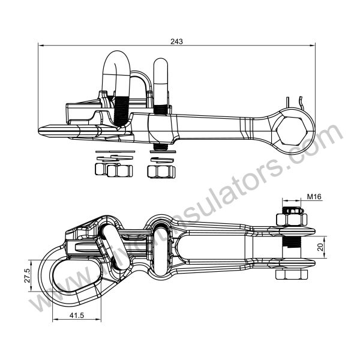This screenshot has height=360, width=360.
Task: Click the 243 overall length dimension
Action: click(176, 41)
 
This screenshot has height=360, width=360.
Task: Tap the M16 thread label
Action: click(314, 197)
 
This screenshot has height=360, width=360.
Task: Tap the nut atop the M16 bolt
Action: click(291, 215)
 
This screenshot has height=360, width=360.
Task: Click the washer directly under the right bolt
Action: click(161, 151)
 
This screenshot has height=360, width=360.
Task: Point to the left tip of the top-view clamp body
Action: click(40, 130)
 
